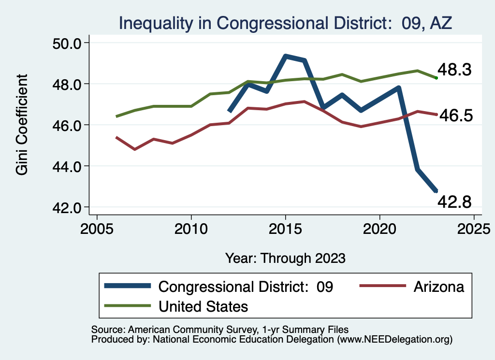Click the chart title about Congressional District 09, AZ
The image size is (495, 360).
tap(285, 23)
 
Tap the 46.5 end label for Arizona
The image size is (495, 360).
tap(455, 116)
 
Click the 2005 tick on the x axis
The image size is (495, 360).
tap(97, 228)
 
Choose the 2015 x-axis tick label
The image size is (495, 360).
tap(286, 228)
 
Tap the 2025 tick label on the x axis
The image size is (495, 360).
tap(474, 228)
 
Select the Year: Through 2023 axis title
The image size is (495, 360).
tap(285, 258)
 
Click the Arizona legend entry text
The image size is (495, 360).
tap(438, 287)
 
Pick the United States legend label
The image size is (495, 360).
tap(203, 306)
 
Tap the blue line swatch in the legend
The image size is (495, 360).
tap(128, 287)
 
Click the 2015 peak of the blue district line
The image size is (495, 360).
tap(286, 57)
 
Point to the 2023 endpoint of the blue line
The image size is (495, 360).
tap(436, 191)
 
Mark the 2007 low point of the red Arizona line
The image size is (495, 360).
tap(135, 149)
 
